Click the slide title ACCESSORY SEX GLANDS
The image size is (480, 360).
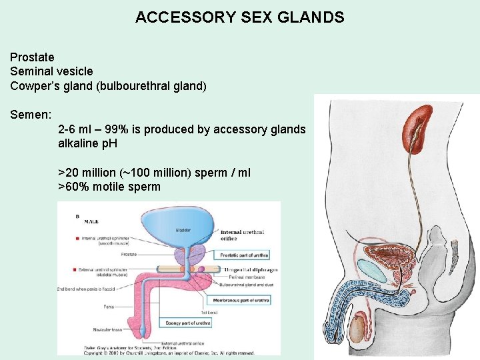coord(239,17)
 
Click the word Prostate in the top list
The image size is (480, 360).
coord(32,57)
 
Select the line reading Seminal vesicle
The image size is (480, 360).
coord(51,71)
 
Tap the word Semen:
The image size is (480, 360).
coord(31,115)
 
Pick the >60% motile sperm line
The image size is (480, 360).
coord(109,187)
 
